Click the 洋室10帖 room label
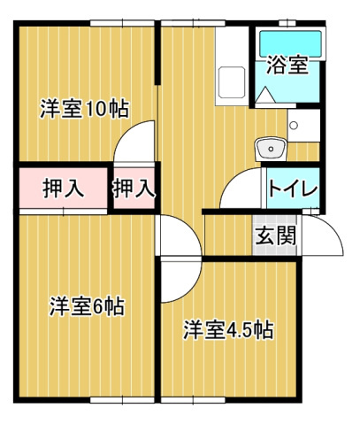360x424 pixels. (x=84, y=110)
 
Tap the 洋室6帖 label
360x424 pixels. (x=86, y=307)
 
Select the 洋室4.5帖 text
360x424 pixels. (x=227, y=330)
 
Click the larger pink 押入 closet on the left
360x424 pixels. (x=61, y=188)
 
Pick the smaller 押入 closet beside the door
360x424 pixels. (x=134, y=188)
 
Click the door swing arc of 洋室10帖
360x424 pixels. (x=137, y=142)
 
